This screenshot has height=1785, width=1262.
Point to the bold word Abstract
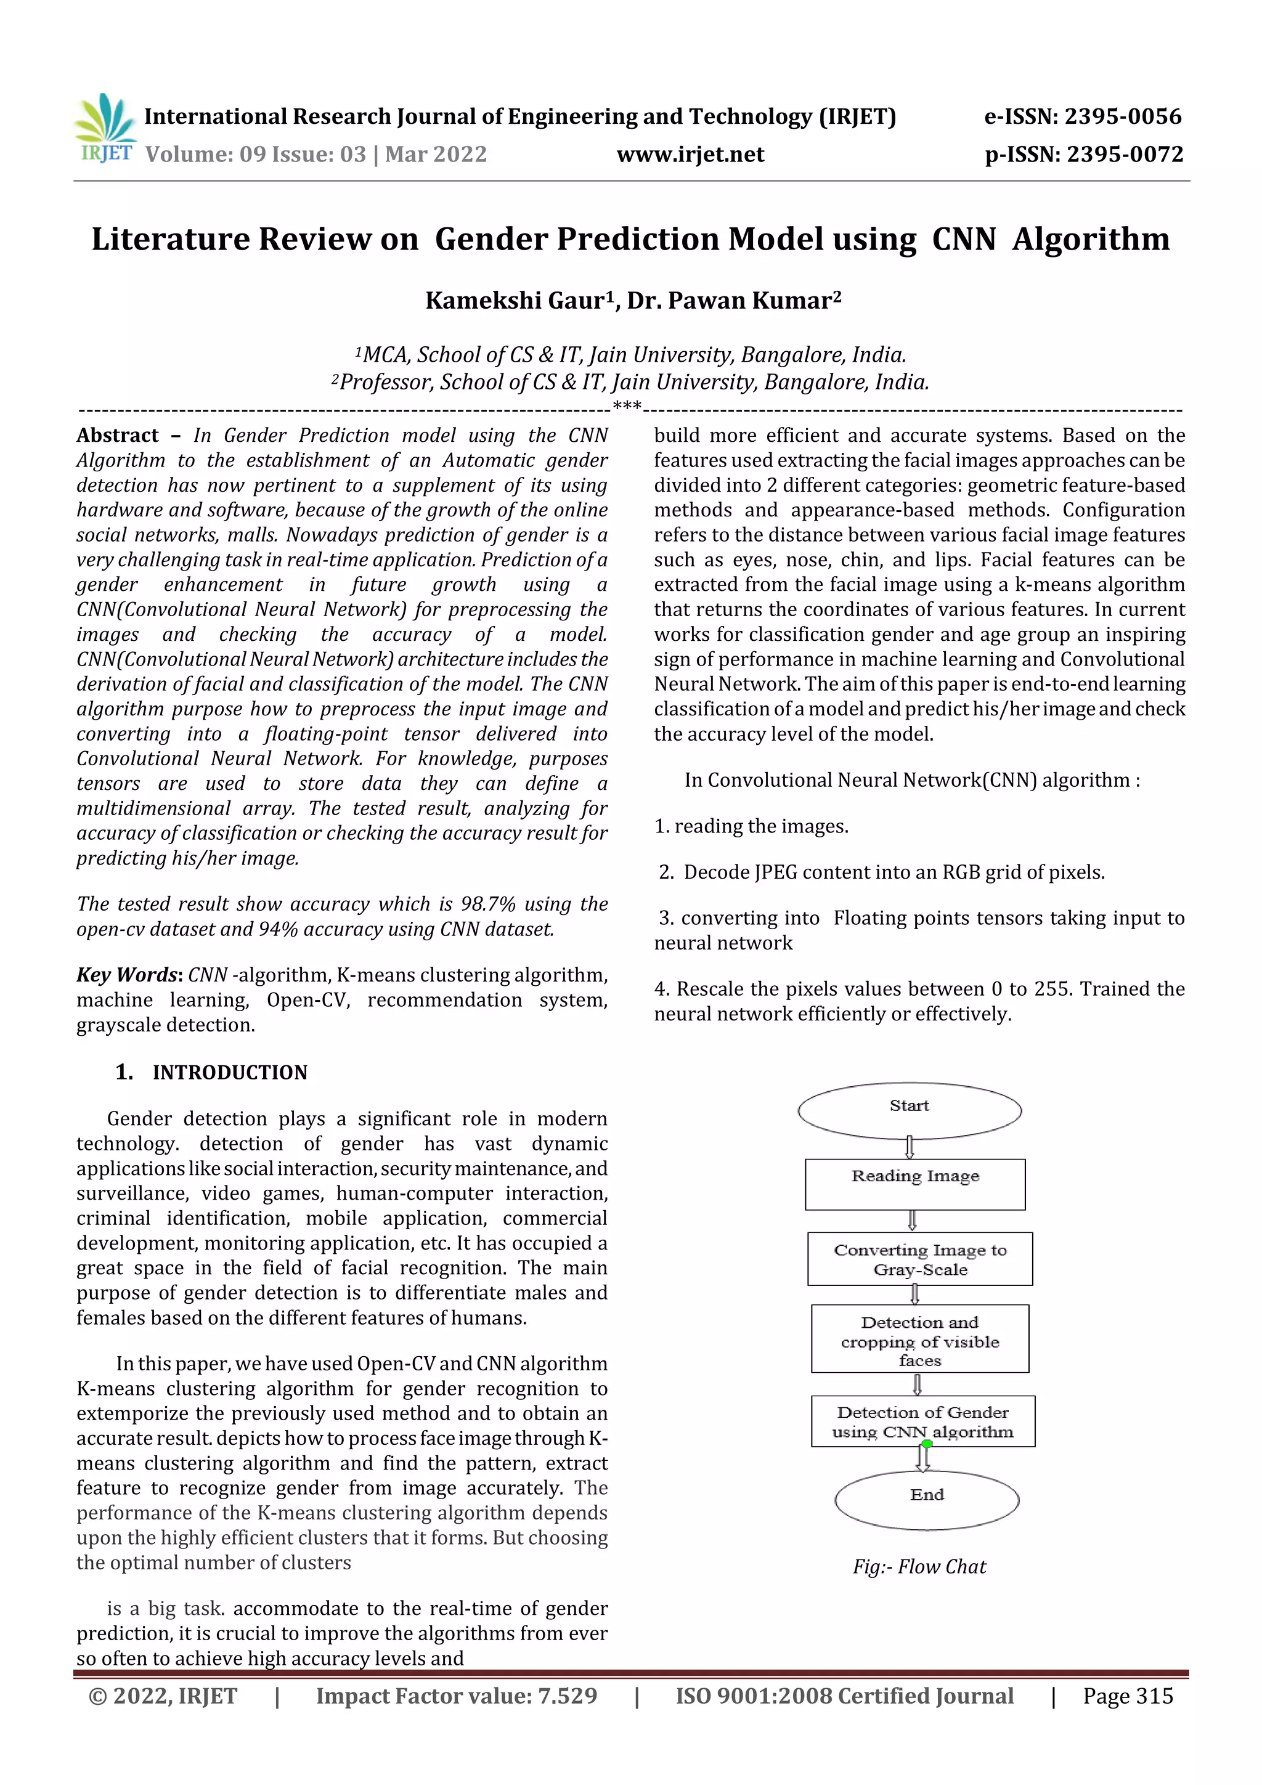point(118,436)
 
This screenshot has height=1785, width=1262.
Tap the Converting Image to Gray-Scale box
point(920,1259)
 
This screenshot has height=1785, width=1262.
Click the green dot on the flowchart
point(927,1444)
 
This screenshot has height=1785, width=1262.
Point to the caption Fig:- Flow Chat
point(919,1566)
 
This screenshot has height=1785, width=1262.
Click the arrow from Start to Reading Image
point(909,1147)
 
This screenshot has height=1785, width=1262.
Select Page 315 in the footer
point(1128,1696)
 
